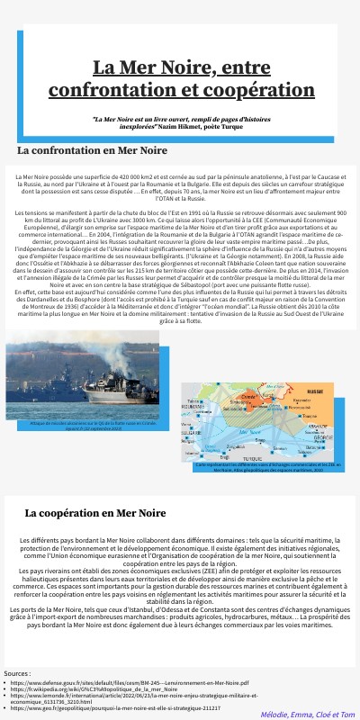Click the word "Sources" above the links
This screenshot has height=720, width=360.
pos(17,673)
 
